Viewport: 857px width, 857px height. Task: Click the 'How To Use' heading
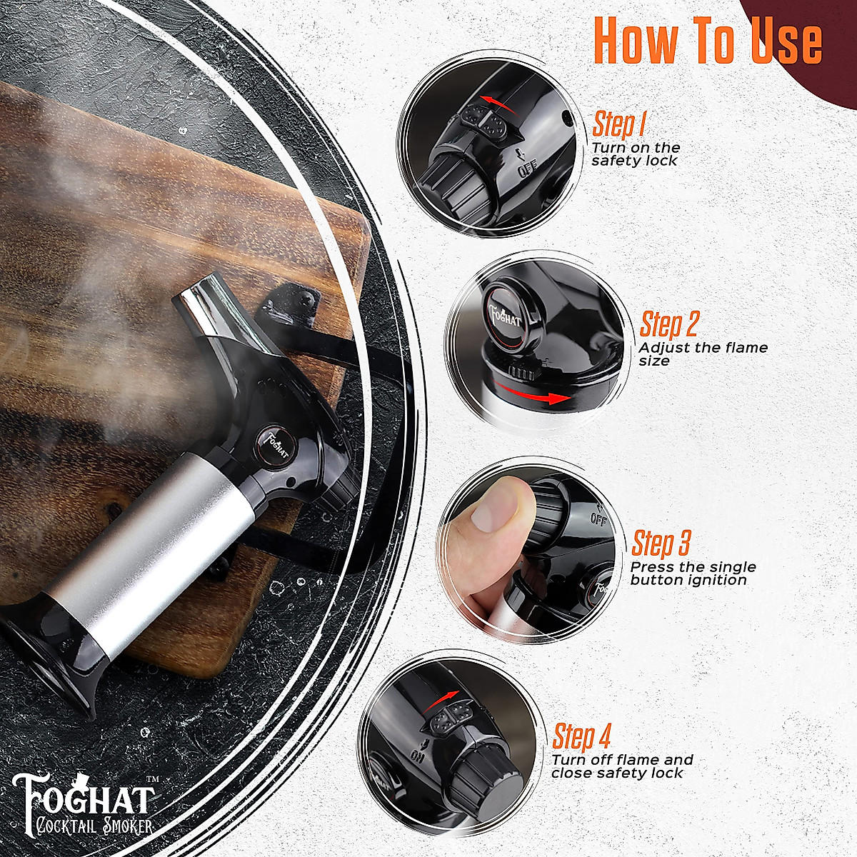pyautogui.click(x=707, y=41)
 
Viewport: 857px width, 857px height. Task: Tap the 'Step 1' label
pyautogui.click(x=618, y=124)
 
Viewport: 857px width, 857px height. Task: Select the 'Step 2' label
pyautogui.click(x=668, y=324)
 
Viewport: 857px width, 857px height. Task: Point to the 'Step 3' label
pyautogui.click(x=661, y=543)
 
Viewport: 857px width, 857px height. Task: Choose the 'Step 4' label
pyautogui.click(x=582, y=735)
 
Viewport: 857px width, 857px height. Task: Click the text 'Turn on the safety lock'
pyautogui.click(x=635, y=154)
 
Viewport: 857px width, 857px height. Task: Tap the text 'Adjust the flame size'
pyautogui.click(x=703, y=354)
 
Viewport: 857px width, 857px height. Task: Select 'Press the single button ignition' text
pyautogui.click(x=692, y=573)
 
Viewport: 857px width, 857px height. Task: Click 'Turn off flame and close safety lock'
pyautogui.click(x=621, y=766)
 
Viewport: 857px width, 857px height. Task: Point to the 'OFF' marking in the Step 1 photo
pyautogui.click(x=527, y=170)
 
